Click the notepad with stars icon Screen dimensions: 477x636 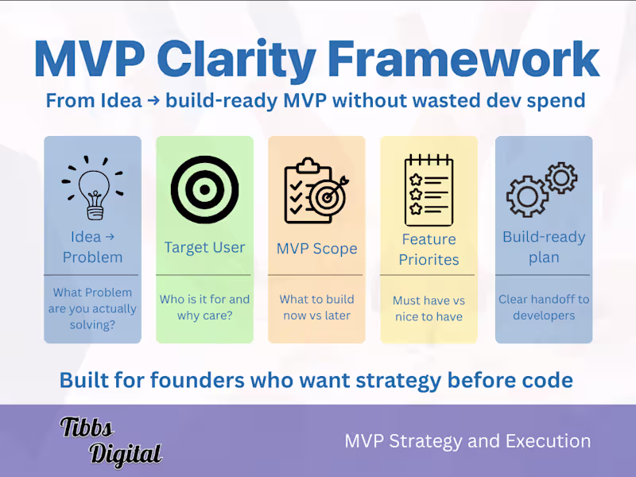(x=428, y=190)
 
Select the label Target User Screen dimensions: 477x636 (x=204, y=247)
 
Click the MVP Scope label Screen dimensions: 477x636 (x=316, y=248)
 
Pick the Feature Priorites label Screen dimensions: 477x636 (x=429, y=249)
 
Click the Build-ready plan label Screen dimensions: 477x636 (x=544, y=247)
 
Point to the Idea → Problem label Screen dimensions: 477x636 (x=92, y=246)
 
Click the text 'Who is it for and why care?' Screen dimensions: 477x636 (x=204, y=307)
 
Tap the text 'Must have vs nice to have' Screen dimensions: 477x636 (x=429, y=308)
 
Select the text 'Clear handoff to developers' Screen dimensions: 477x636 (x=544, y=307)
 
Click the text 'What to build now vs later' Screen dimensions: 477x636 (x=316, y=307)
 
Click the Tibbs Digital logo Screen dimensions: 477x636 (x=111, y=440)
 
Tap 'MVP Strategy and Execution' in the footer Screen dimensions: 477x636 (x=467, y=441)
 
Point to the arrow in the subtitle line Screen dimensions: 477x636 (x=138, y=101)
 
